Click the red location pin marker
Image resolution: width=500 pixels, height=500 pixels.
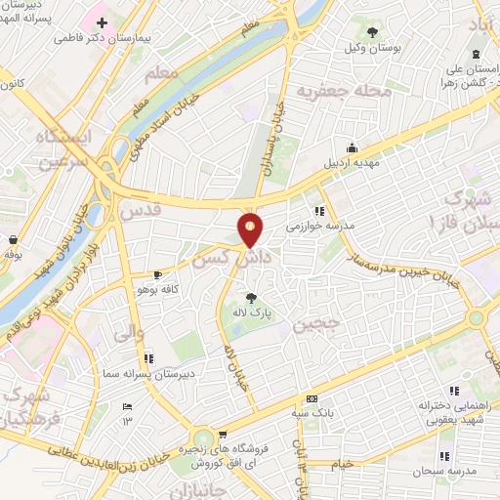coord(251,229)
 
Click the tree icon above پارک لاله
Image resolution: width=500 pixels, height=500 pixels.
coord(252,297)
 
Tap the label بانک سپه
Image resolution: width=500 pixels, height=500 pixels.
coord(311,415)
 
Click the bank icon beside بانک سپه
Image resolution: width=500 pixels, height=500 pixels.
coord(311,398)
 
